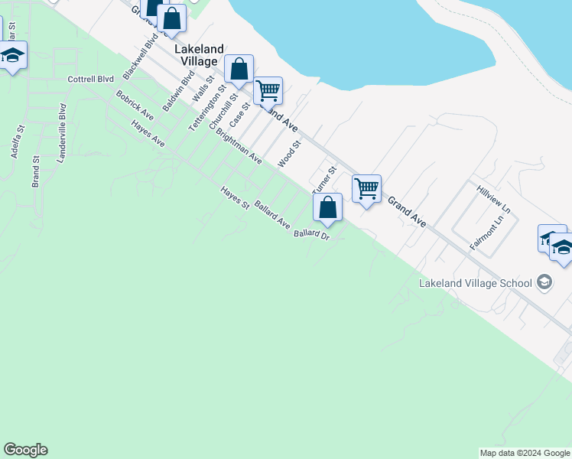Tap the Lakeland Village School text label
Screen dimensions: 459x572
475,283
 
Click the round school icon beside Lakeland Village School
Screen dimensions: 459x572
544,283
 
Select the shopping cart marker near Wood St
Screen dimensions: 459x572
268,91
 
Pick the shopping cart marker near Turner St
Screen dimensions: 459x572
367,188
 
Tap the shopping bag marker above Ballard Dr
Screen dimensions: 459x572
327,207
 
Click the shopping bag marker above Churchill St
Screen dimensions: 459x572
239,70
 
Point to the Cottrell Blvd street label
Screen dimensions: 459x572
90,79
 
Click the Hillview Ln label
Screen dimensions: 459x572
492,199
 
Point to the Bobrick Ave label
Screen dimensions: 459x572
135,106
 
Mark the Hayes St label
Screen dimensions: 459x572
235,198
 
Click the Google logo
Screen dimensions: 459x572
25,450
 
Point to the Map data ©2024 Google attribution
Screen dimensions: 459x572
525,453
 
